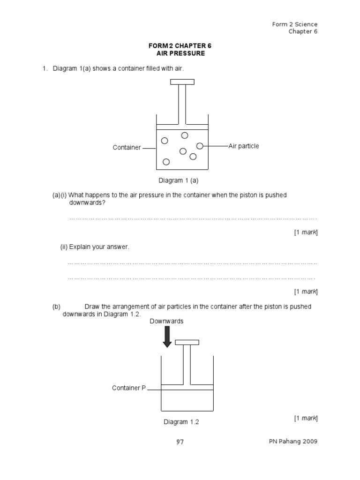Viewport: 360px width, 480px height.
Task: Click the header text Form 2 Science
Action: (295, 24)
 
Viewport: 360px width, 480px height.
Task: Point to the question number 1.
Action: (45, 69)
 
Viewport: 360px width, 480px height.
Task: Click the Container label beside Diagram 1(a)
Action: (127, 148)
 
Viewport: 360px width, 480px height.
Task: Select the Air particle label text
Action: (244, 146)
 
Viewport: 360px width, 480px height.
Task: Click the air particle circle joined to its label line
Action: (200, 146)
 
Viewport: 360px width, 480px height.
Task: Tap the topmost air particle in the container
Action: (185, 135)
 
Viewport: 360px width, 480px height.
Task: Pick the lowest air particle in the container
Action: (166, 162)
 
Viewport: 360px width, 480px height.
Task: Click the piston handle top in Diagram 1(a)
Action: (182, 82)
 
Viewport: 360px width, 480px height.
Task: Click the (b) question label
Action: (57, 307)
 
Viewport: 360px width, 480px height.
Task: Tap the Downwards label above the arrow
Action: (166, 321)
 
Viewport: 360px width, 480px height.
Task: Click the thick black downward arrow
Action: (167, 337)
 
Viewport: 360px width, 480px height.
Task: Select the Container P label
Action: (129, 388)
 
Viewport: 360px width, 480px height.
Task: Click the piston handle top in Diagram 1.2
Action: (187, 342)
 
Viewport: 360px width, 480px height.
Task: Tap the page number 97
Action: (180, 442)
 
